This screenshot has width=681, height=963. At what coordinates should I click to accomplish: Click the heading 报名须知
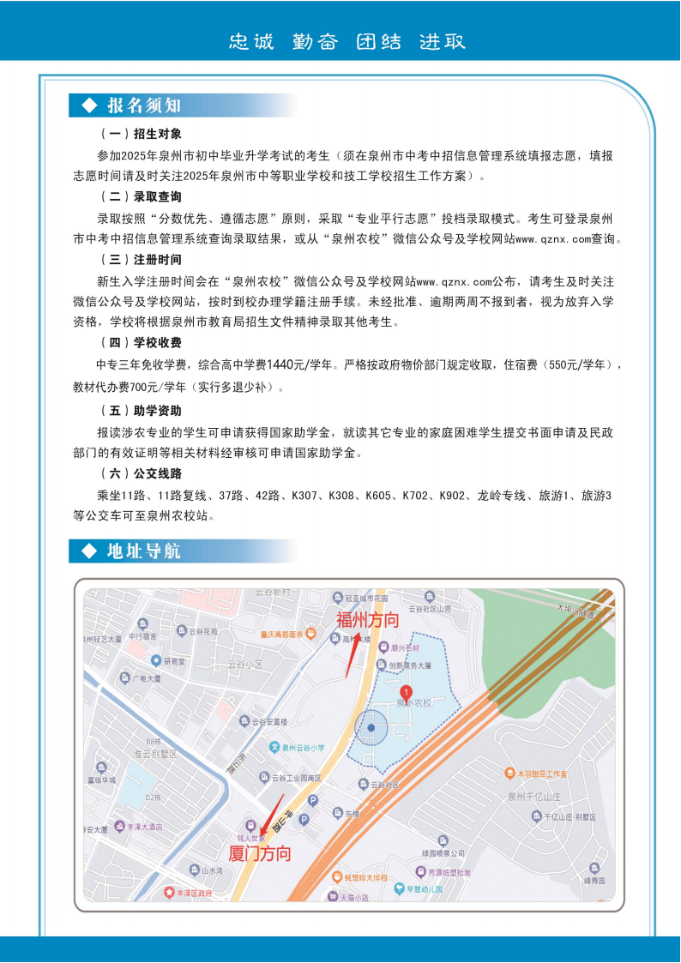pyautogui.click(x=143, y=105)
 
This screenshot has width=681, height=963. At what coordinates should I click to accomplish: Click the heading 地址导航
pyautogui.click(x=143, y=551)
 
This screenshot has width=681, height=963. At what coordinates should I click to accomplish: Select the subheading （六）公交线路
pyautogui.click(x=141, y=473)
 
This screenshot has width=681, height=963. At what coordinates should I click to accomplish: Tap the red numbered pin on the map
pyautogui.click(x=407, y=691)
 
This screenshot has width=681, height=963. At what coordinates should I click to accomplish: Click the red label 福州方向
pyautogui.click(x=367, y=620)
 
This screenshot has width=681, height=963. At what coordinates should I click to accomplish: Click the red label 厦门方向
pyautogui.click(x=260, y=854)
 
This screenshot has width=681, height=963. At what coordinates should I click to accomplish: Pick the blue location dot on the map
pyautogui.click(x=371, y=727)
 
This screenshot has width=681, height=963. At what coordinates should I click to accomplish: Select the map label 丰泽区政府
pyautogui.click(x=193, y=893)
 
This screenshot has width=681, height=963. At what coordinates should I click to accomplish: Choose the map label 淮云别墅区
pyautogui.click(x=154, y=754)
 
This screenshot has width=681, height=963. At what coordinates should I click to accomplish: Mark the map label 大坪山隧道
pyautogui.click(x=574, y=611)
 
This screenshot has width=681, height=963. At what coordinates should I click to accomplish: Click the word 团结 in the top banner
pyautogui.click(x=378, y=41)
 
